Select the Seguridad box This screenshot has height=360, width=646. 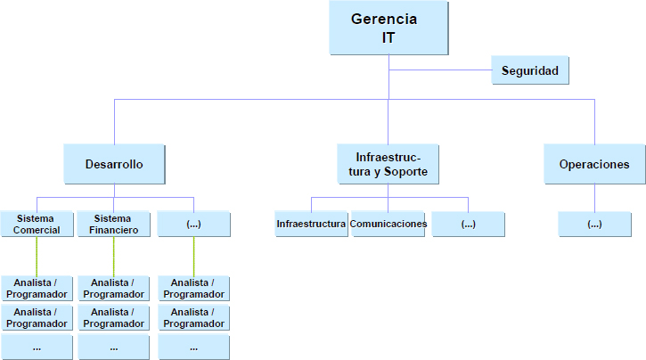(529, 70)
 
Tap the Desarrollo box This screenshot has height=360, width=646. (114, 164)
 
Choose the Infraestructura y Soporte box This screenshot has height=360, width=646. (388, 164)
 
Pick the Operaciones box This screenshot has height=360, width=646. (593, 164)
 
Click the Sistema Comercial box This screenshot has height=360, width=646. (37, 224)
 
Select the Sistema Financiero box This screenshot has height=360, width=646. (113, 224)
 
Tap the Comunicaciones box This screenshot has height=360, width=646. (388, 224)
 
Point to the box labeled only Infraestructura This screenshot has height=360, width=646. (311, 224)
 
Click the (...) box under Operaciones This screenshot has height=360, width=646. (594, 224)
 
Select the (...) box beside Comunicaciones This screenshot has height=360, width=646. (468, 224)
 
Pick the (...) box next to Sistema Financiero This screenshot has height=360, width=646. (193, 224)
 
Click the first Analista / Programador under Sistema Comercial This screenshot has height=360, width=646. (37, 288)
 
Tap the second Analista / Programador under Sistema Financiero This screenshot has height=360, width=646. (113, 317)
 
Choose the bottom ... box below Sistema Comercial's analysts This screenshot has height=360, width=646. (37, 347)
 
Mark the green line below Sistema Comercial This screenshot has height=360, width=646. (37, 256)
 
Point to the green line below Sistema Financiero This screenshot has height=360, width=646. (113, 256)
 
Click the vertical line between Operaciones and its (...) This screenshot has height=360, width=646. (594, 198)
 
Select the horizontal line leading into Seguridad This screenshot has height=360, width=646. (440, 70)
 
